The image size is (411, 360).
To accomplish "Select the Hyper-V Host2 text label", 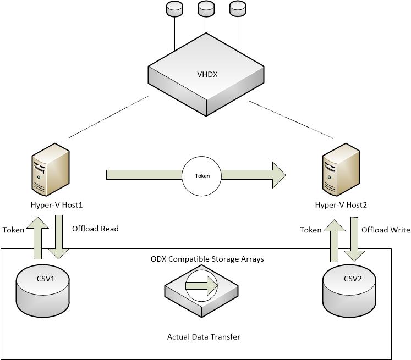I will [x=341, y=205].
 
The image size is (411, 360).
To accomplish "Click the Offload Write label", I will [x=385, y=230].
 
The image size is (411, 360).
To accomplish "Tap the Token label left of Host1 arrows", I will [x=13, y=230].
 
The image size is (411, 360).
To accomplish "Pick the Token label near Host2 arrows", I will [x=310, y=230].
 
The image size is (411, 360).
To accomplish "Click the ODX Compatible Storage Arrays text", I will [x=207, y=258].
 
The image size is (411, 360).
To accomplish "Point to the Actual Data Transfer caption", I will [x=204, y=336].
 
